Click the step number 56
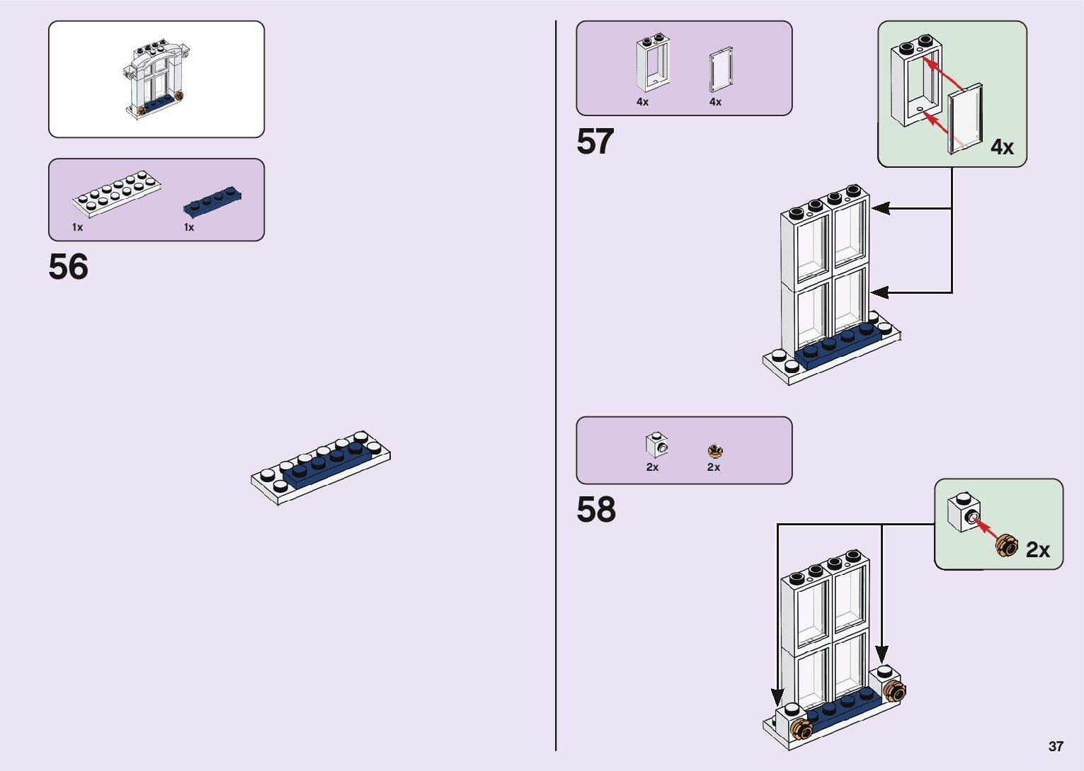(69, 267)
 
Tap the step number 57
(595, 142)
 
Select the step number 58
(595, 510)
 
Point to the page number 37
(1056, 746)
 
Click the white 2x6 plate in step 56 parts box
(116, 193)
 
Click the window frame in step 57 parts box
(652, 63)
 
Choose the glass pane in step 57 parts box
(721, 70)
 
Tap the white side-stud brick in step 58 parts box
(656, 445)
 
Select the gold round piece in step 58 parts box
(715, 450)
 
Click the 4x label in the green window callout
(1002, 147)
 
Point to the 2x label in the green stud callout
(1037, 550)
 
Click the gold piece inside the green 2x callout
(1005, 545)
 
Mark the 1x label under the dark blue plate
(189, 227)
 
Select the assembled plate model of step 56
(321, 467)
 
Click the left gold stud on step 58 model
(802, 728)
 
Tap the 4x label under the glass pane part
(715, 102)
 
